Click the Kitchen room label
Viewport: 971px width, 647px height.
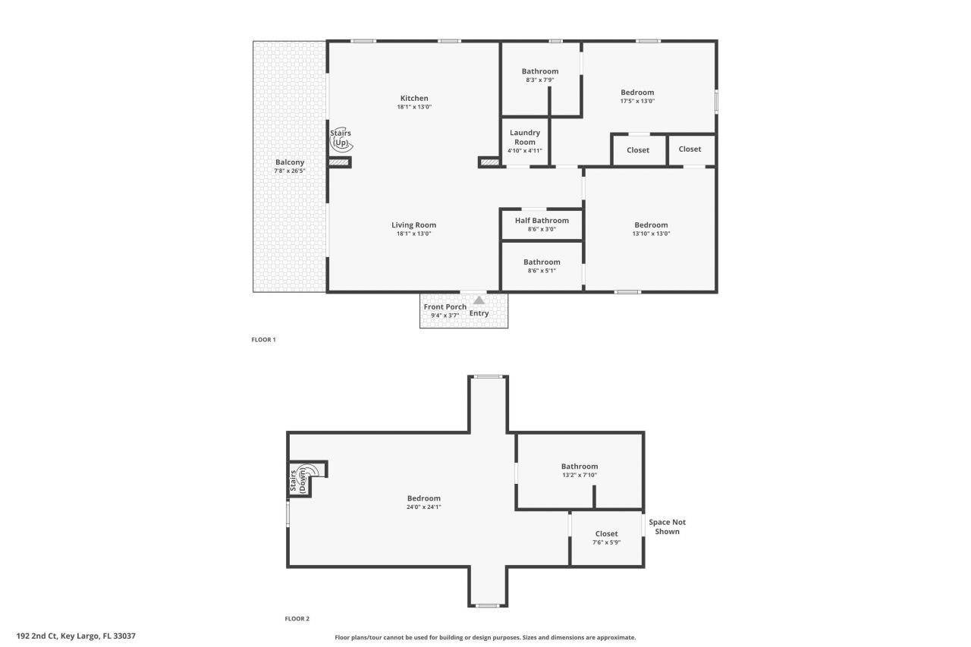pyautogui.click(x=414, y=98)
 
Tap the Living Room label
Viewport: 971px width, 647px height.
pyautogui.click(x=413, y=225)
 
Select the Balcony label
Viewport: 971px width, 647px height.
pyautogui.click(x=290, y=162)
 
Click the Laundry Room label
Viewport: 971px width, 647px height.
pyautogui.click(x=524, y=137)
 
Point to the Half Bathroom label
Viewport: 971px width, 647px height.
pyautogui.click(x=542, y=221)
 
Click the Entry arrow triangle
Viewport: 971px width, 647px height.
pyautogui.click(x=479, y=300)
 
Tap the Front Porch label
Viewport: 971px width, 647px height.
pyautogui.click(x=445, y=307)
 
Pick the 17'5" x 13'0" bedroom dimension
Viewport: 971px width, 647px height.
pyautogui.click(x=637, y=101)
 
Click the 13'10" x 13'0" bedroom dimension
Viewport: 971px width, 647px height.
pyautogui.click(x=651, y=234)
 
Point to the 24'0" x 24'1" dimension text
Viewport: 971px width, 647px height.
pyautogui.click(x=423, y=507)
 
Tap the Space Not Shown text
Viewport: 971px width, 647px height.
pyautogui.click(x=667, y=526)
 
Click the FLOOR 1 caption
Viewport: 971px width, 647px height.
pyautogui.click(x=263, y=340)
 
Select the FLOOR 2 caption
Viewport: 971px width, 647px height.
pyautogui.click(x=297, y=619)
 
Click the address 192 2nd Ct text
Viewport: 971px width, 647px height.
pyautogui.click(x=76, y=636)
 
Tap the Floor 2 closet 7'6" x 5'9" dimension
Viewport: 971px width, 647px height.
pyautogui.click(x=606, y=542)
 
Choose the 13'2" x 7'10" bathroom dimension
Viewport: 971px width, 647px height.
pyautogui.click(x=580, y=475)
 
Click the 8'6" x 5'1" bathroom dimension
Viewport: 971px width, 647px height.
pyautogui.click(x=542, y=271)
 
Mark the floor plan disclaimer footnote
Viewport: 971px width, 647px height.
pyautogui.click(x=485, y=638)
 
